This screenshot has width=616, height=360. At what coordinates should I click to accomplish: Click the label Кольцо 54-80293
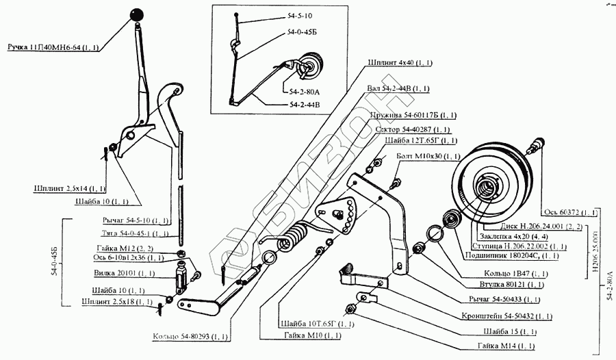click(193, 337)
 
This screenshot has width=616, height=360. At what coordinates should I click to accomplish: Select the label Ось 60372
click(569, 211)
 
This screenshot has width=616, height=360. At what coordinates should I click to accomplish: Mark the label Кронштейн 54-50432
click(506, 317)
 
